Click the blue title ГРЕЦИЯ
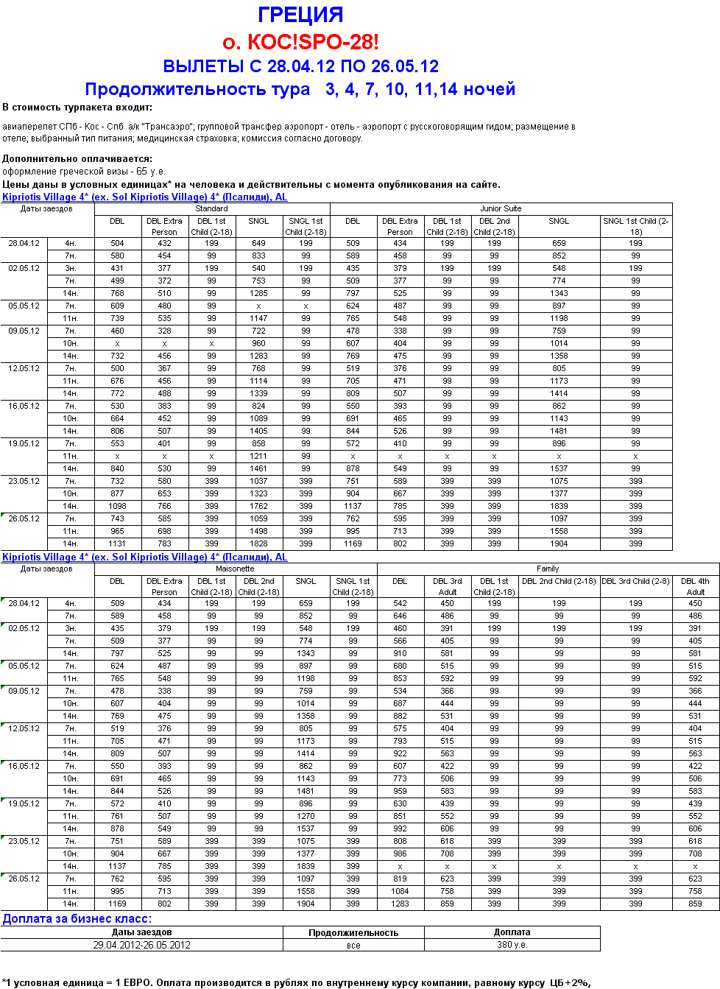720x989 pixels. [300, 15]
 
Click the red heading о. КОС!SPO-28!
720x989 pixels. [300, 42]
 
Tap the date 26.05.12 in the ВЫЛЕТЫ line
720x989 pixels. [405, 66]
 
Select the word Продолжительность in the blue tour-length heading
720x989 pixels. [197, 89]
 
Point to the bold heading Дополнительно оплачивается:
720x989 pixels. [77, 158]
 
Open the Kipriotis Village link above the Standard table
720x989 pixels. [144, 197]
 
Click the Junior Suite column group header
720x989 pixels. [501, 208]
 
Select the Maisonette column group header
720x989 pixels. [235, 569]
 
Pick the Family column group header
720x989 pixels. [548, 569]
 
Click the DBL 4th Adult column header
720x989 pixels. [695, 586]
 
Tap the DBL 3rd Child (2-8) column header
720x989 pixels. [635, 581]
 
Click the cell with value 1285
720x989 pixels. [258, 293]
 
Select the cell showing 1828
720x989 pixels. [258, 543]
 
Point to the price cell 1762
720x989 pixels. [258, 506]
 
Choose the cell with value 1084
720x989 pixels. [400, 891]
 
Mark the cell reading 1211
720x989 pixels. [258, 456]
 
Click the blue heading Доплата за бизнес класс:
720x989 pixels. [77, 918]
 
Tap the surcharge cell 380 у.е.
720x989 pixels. [512, 945]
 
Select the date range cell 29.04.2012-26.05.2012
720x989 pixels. [141, 945]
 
